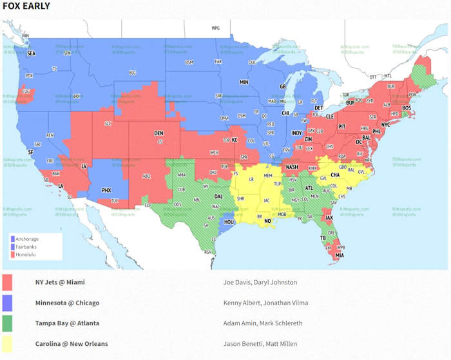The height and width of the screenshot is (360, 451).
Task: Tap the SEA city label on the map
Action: pos(30,53)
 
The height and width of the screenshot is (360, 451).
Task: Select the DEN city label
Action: pos(158,133)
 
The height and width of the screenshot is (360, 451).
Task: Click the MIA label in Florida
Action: pos(340,255)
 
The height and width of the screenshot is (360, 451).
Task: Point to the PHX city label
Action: pos(107,190)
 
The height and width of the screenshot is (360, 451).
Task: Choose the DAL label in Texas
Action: pos(219,197)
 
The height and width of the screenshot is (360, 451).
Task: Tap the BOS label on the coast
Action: pos(406,108)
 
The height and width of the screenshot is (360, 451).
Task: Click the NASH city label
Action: pos(292,167)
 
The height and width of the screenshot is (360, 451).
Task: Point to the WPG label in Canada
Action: pos(216,28)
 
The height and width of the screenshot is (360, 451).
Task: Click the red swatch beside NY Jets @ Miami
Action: pos(8,282)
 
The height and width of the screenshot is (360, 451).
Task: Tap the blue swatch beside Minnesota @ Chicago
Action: pos(8,303)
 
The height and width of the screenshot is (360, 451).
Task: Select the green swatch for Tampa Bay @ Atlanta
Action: pos(8,323)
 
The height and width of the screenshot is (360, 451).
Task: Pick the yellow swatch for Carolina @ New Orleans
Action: pos(8,343)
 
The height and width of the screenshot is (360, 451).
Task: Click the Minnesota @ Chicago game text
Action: pos(67,303)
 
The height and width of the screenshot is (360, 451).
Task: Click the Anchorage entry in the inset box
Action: pos(28,239)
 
